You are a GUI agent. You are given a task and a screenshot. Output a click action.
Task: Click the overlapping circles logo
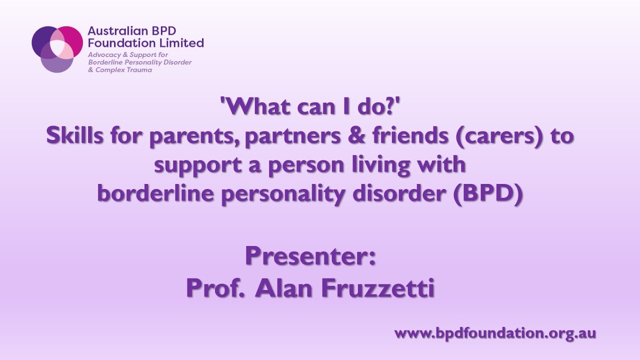point(57,48)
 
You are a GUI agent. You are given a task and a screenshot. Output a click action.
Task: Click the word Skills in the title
point(73,136)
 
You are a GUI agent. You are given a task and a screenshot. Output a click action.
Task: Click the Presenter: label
point(310,256)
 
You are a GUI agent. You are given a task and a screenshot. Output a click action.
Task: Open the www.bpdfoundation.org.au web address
point(495,333)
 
